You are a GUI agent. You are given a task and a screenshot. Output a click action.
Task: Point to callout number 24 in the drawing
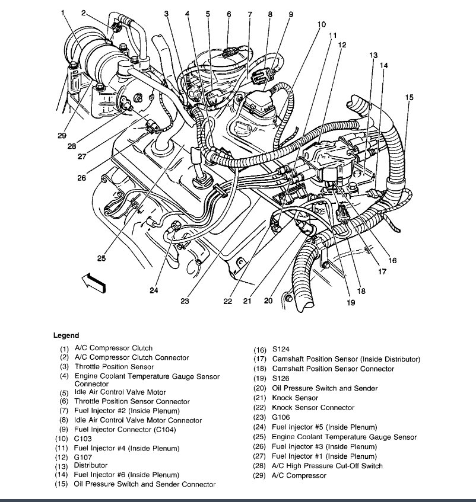point(154,290)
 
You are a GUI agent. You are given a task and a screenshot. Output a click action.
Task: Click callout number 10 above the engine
point(321,24)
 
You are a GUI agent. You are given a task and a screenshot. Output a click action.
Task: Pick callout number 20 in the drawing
point(268,301)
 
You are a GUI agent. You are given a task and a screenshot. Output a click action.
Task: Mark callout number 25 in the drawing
point(102,258)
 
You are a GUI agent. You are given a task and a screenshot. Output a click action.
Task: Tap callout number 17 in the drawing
point(382,272)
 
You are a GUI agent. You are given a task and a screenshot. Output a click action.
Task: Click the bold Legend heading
point(66,335)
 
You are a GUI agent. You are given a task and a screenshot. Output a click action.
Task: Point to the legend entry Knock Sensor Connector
point(313,408)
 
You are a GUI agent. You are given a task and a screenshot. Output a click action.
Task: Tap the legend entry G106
point(282,417)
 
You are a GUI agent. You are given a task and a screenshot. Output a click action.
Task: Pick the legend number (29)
point(260,475)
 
